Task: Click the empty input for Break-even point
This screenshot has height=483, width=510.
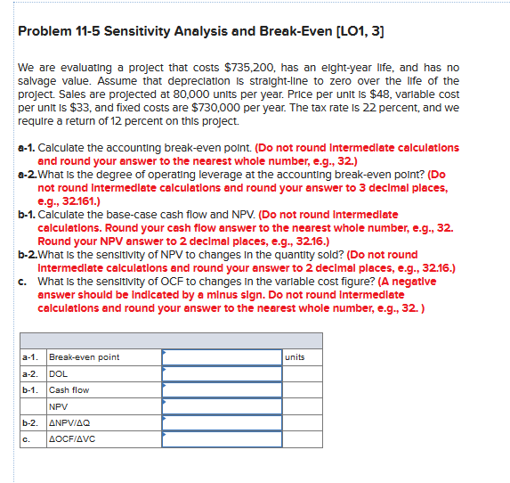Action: [221, 357]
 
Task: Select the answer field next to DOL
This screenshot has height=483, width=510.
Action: [221, 373]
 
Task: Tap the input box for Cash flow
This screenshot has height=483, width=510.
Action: [221, 389]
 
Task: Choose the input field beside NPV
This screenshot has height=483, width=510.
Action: [221, 405]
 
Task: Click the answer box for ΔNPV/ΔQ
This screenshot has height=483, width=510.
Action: [221, 422]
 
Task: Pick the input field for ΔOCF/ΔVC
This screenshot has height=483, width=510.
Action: [221, 438]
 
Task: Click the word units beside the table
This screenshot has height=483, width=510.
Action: [295, 357]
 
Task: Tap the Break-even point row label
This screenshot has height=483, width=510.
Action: [84, 357]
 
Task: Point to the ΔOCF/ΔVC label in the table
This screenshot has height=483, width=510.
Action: [72, 438]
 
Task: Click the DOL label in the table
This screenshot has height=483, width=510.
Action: [58, 373]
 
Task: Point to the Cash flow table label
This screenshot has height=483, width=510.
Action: [69, 389]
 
